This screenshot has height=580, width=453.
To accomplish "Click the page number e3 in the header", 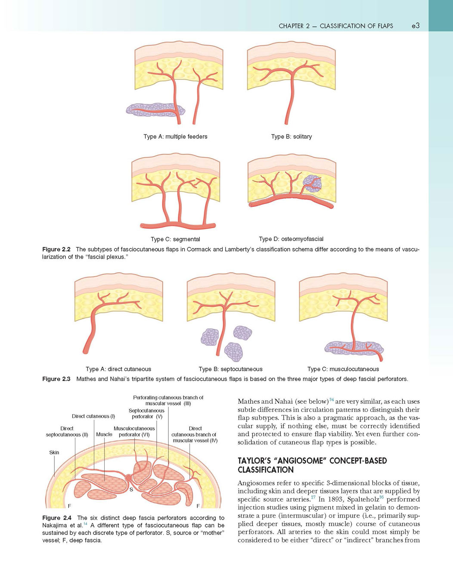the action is pos(416,25).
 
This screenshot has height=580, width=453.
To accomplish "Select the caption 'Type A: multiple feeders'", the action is pos(175,137).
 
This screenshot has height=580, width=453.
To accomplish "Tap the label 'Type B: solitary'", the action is pos(292,137).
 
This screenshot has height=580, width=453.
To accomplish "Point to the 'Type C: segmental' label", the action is pos(175,239).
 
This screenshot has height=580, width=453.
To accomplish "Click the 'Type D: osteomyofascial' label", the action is pos(291,239).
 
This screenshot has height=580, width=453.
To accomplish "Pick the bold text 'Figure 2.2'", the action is pos(56,249).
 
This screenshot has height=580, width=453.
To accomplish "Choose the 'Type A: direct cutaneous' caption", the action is pos(118,369).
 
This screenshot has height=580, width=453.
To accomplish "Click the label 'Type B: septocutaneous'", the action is pos(231,369).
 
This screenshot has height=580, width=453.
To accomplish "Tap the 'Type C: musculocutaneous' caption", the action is pos(343,369).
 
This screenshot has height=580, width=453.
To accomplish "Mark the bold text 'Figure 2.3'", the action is pos(56,379).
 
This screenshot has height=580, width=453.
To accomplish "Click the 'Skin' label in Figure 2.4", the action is pos(54,452).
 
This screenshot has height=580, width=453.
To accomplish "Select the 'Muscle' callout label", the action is pos(104,434).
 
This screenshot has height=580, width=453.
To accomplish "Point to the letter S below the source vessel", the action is pos(131,490).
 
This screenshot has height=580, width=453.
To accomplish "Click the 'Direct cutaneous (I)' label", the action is pos(93,416).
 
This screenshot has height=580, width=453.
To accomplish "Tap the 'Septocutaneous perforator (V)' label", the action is pos(147,413).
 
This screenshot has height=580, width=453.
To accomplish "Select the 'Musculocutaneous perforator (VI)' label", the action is pos(134,432).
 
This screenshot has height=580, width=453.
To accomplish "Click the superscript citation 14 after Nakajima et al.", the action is pos(85,524).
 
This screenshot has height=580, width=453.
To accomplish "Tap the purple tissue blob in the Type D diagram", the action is pos(312,184).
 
